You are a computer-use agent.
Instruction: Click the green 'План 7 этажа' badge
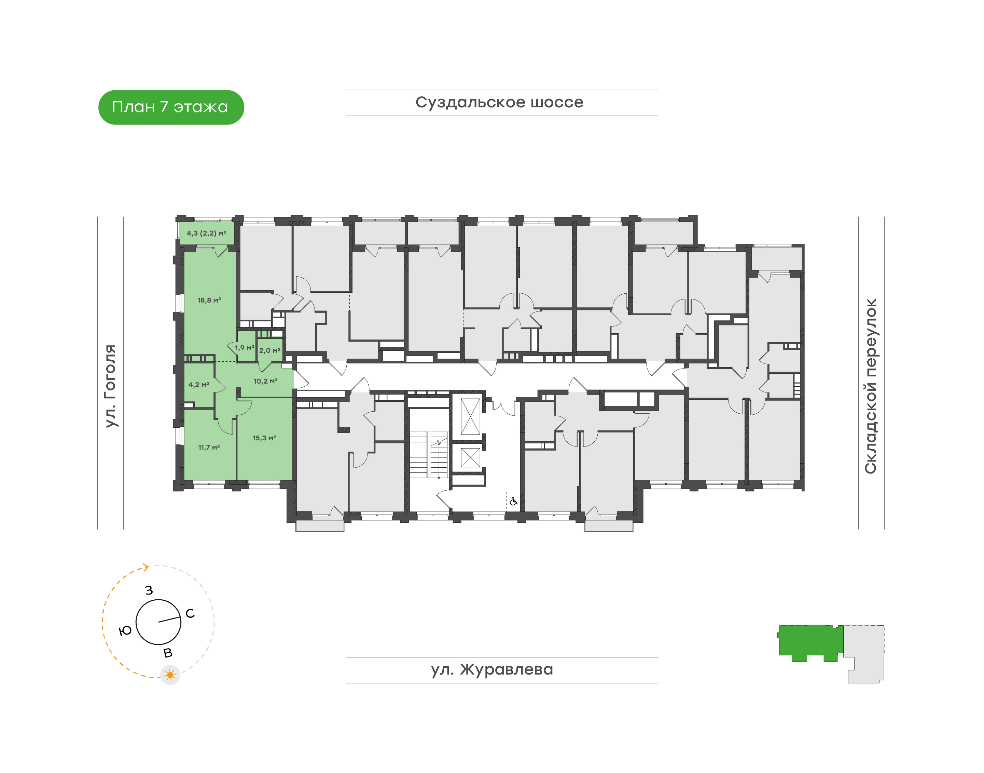click(171, 107)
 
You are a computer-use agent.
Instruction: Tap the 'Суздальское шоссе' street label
click(499, 102)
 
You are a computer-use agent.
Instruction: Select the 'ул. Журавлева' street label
click(492, 669)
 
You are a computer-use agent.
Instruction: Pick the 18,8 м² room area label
click(209, 300)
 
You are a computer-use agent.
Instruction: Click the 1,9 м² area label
click(245, 348)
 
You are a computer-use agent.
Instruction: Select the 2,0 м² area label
click(269, 350)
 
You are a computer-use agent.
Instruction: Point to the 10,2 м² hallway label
click(265, 381)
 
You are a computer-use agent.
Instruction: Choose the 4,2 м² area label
click(198, 385)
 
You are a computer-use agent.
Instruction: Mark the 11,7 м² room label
click(209, 447)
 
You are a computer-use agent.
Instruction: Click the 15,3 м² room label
click(264, 438)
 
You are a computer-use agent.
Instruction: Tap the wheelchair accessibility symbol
click(513, 502)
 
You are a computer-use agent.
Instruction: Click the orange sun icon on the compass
click(170, 675)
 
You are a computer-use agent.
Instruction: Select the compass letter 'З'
click(149, 590)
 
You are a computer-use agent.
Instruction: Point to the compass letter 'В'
click(168, 653)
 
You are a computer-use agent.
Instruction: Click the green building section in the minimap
click(809, 641)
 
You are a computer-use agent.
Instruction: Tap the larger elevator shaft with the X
click(470, 416)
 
